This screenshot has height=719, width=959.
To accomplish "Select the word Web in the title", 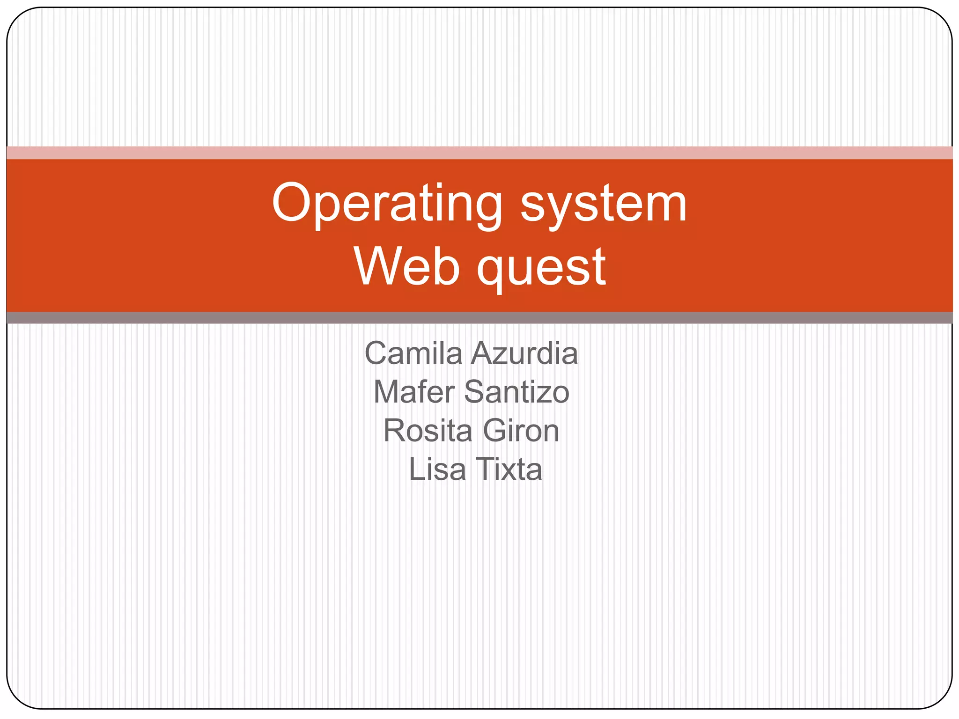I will coord(406,267).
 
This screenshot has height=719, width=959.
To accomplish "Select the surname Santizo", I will coord(517,392).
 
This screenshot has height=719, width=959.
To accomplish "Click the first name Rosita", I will coord(428,431).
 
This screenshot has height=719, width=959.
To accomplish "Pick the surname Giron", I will coord(521,431).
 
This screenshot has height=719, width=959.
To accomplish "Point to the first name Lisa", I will coord(437,469).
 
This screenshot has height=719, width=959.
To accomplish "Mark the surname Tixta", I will coord(509,469).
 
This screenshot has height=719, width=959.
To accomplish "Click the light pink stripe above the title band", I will coord(479,153).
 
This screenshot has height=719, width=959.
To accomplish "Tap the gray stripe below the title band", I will coord(479,318).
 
